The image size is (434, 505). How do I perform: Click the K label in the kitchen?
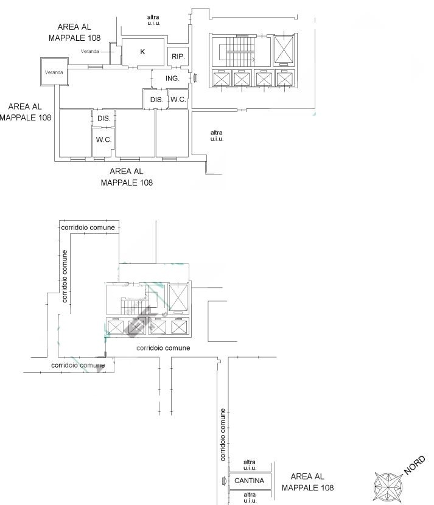(x=142, y=52)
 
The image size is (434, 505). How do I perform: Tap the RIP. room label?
(x=178, y=57)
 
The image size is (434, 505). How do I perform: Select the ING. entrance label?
(x=172, y=78)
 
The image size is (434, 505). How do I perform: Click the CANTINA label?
(x=249, y=481)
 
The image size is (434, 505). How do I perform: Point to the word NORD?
(x=415, y=465)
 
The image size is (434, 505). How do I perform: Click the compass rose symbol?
(x=388, y=487)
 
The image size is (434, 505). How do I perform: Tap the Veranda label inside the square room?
(x=54, y=72)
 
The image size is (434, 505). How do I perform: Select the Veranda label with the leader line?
(x=89, y=51)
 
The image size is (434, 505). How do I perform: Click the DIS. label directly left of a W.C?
(x=156, y=100)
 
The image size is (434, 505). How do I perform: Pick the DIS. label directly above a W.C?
(x=103, y=119)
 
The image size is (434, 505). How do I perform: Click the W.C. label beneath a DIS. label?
(x=103, y=140)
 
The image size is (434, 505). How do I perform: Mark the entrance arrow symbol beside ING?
(x=195, y=78)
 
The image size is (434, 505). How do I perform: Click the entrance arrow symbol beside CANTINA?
(x=224, y=481)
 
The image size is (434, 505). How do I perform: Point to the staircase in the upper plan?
(x=240, y=51)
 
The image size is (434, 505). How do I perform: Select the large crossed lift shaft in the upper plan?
(x=284, y=49)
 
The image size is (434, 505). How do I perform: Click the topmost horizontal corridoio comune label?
(x=88, y=228)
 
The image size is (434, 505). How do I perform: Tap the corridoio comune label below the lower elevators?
(x=163, y=348)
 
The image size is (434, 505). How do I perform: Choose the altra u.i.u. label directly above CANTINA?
(x=250, y=465)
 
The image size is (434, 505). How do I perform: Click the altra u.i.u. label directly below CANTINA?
(x=250, y=498)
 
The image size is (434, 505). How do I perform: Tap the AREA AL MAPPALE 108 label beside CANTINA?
(x=308, y=482)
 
